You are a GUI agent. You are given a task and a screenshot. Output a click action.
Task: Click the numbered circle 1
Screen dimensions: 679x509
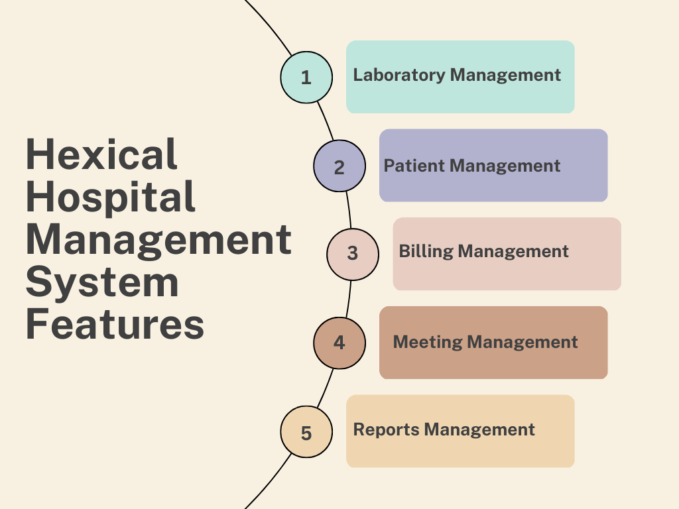coord(306,77)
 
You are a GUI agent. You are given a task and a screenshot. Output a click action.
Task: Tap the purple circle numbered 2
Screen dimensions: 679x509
coord(339,166)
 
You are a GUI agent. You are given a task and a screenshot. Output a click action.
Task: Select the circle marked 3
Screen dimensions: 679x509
coord(353,254)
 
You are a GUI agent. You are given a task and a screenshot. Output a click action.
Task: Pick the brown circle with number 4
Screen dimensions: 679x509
coord(339,343)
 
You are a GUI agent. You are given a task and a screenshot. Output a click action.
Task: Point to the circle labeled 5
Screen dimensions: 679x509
coord(306,431)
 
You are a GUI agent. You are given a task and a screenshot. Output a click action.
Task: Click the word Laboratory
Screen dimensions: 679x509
coord(399,76)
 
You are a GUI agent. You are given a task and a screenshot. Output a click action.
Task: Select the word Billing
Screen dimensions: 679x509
coord(426,251)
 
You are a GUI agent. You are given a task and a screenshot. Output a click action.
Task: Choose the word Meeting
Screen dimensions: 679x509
coord(428,343)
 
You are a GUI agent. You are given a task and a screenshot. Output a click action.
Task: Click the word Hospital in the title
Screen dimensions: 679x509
coord(111,197)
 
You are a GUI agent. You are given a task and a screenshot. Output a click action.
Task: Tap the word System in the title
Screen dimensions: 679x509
coord(102,282)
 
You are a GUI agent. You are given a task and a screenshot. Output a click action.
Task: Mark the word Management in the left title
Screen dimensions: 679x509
coord(158,241)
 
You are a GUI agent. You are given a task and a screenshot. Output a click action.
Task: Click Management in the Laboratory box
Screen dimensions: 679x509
coord(505,76)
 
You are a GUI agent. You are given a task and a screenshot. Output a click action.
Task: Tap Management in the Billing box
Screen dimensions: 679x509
coord(513,251)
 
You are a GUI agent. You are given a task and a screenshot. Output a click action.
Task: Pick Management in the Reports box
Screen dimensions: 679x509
coord(479,429)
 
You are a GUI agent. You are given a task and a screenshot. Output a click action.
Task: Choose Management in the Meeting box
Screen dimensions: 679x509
coord(523,343)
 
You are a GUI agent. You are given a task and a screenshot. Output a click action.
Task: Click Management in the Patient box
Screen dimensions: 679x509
coord(505,166)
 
